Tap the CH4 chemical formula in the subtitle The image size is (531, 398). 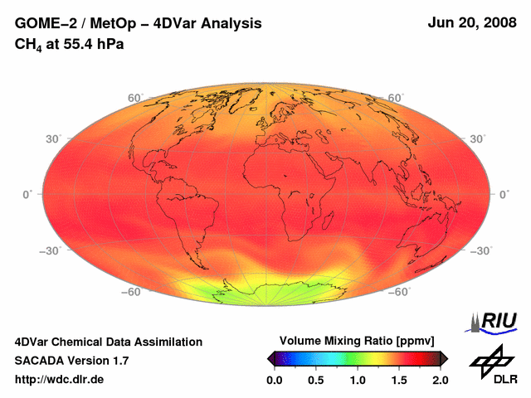pos(29,44)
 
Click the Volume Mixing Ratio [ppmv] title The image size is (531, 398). pos(357,341)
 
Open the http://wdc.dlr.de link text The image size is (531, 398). pos(60,380)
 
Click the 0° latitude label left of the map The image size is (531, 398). pos(27,195)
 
